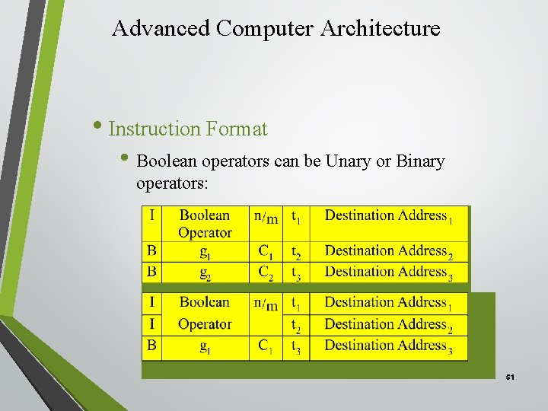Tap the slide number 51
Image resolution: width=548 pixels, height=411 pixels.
(510, 378)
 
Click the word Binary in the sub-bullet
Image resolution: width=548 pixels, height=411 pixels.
(419, 162)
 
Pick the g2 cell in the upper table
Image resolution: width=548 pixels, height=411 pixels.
(204, 272)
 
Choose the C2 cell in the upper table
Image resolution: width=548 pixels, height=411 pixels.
(266, 272)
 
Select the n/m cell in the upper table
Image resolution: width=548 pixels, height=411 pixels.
(265, 217)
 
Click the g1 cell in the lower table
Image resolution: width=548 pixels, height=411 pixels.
(204, 346)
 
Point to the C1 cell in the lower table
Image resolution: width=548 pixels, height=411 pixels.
(265, 346)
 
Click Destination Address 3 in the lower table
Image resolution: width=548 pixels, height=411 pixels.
(388, 346)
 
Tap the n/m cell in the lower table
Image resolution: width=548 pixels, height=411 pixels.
(265, 304)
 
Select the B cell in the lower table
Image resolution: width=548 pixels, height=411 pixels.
(152, 346)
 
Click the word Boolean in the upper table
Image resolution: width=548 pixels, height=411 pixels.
(204, 216)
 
